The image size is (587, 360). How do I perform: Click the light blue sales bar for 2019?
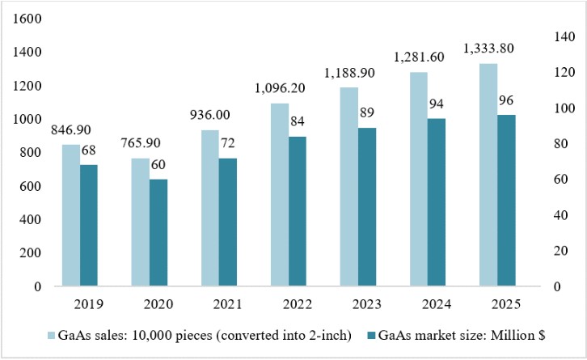click(71, 215)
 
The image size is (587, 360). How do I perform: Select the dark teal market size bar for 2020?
click(158, 233)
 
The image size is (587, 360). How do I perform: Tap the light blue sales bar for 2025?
click(488, 175)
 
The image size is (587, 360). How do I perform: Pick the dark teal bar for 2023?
click(367, 207)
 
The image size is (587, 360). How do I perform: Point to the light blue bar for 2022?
click(280, 195)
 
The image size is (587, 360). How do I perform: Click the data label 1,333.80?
click(488, 49)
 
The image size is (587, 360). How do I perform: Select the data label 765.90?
click(141, 142)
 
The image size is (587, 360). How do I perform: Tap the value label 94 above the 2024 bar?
click(436, 104)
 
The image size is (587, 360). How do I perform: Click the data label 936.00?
click(209, 115)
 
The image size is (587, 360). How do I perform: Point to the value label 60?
click(158, 164)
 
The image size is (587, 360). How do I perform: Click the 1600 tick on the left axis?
click(27, 19)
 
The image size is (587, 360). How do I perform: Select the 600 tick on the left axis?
click(31, 186)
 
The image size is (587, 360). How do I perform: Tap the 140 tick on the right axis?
click(564, 36)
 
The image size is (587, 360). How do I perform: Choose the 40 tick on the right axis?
click(560, 215)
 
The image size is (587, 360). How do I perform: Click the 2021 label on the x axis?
click(228, 304)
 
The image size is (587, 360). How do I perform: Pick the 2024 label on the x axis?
click(437, 304)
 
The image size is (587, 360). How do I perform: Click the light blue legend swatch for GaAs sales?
click(51, 336)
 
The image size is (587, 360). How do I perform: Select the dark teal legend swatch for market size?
click(371, 336)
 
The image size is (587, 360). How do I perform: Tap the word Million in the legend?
click(513, 335)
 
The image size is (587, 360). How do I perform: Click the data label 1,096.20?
click(280, 88)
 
